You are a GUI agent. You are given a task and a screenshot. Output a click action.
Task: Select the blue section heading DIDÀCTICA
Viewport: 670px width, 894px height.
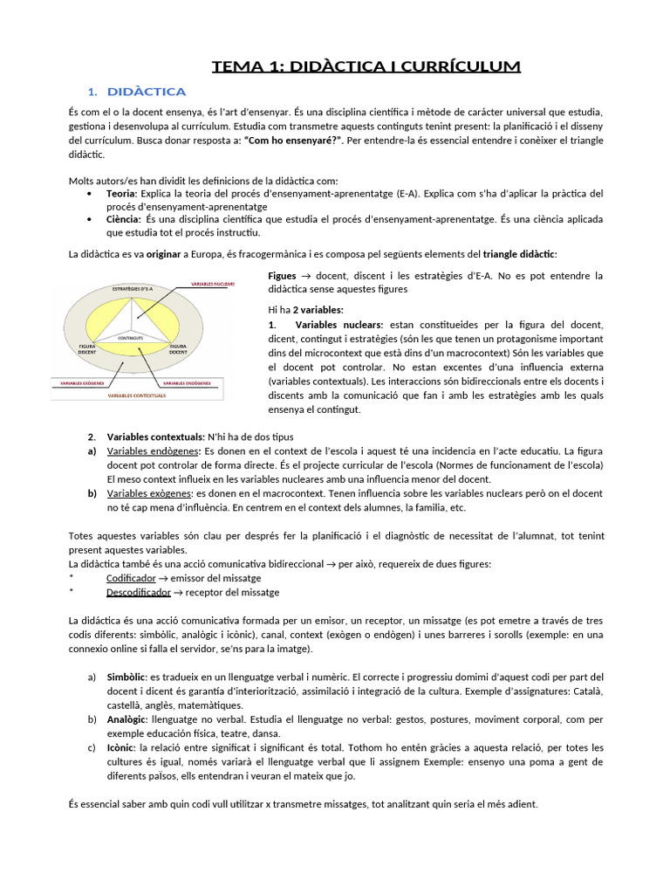tap(146, 92)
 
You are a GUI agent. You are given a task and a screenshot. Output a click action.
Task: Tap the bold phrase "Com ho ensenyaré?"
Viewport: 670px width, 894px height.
tap(293, 141)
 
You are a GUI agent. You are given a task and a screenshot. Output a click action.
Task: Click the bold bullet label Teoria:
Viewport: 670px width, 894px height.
tap(121, 193)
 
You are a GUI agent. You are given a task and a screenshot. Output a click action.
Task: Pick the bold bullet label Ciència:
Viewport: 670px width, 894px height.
tap(124, 220)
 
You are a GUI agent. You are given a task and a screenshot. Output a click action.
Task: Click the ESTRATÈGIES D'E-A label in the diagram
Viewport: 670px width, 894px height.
tap(133, 288)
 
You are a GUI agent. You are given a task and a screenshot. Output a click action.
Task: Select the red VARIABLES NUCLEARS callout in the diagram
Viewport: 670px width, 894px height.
tap(206, 284)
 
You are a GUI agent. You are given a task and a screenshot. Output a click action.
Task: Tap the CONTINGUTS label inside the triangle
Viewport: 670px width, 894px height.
tap(131, 335)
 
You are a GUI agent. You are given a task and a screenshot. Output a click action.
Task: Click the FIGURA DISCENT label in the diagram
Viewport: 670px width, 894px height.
tap(87, 348)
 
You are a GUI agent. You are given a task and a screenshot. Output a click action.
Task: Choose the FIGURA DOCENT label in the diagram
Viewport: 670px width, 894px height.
tap(178, 348)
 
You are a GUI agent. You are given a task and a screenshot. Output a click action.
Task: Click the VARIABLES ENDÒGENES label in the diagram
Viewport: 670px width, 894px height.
tap(185, 383)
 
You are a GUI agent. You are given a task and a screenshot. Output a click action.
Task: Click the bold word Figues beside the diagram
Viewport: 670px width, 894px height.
tap(282, 276)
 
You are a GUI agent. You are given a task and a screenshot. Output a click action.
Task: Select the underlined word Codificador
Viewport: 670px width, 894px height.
tap(131, 578)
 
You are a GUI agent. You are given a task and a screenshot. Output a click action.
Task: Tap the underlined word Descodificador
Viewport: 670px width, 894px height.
tap(139, 592)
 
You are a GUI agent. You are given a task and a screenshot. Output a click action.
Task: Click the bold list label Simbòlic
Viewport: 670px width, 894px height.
tap(127, 677)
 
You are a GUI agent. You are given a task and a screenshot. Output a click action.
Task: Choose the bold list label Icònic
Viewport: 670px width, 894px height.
tap(121, 748)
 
